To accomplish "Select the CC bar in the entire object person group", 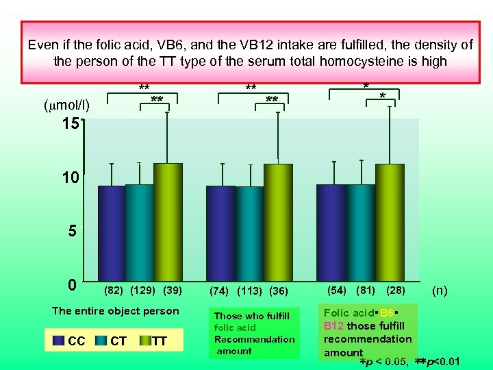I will tap(112, 233).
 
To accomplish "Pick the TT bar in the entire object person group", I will tap(168, 222).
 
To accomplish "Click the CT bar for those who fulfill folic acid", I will tap(249, 234).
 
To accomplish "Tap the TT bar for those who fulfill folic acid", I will tap(278, 222).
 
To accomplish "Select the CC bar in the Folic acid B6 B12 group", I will tap(331, 232).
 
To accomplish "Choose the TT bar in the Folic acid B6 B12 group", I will tap(390, 222).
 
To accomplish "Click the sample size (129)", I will tap(143, 290).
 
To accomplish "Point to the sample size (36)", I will tap(279, 291).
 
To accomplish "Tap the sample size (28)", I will tap(396, 290).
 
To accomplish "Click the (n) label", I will tap(440, 290).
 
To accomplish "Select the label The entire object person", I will tap(116, 310).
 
